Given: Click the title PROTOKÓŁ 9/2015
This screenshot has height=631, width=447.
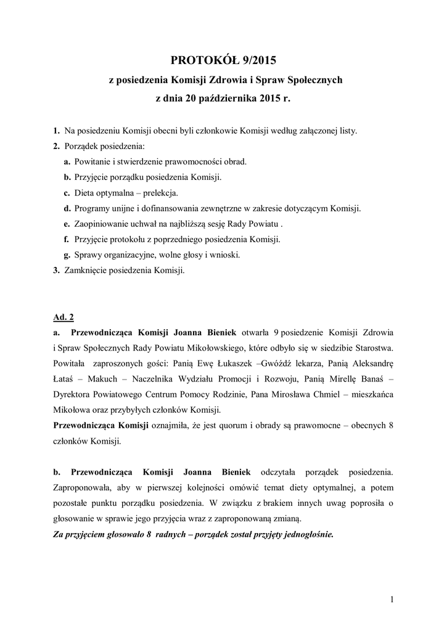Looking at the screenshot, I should click(x=223, y=60).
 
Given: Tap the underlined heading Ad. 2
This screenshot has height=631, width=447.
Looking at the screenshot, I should click(x=64, y=318).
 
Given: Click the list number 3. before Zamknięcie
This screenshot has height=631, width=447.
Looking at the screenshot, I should click(x=56, y=271).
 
